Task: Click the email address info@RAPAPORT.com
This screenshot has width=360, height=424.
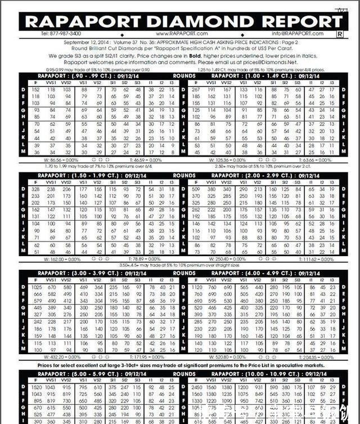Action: tap(297, 34)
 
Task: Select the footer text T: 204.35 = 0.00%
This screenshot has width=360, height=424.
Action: tap(318, 357)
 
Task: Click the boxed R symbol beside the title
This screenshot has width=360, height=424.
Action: tap(339, 34)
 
